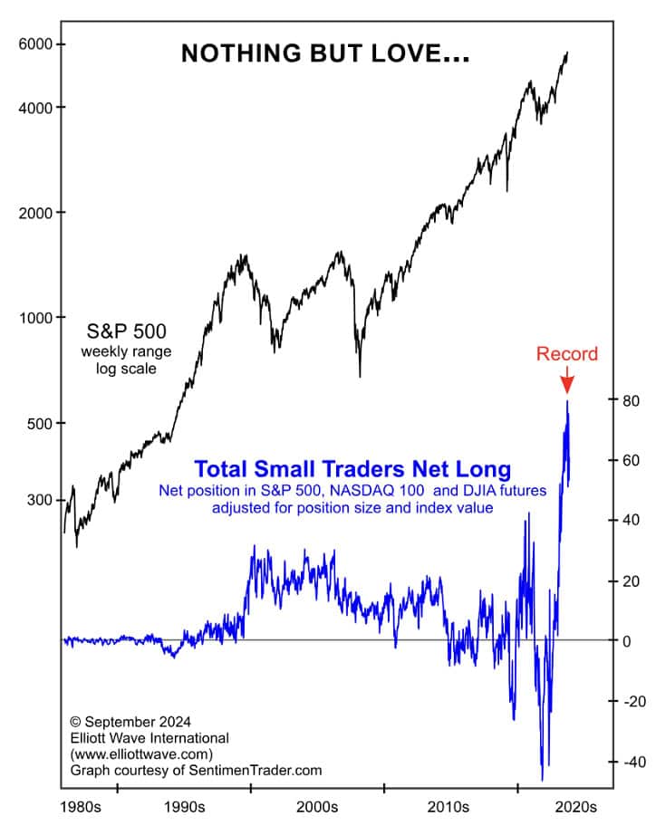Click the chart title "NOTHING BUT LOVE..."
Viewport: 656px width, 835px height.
[325, 53]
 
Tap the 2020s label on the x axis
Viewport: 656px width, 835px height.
[574, 806]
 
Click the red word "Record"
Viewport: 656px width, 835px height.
[567, 354]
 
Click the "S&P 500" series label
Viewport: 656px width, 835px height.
[124, 330]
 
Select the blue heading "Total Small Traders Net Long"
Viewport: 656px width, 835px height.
[352, 469]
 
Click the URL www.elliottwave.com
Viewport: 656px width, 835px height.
[140, 753]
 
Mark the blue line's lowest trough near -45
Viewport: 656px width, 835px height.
[542, 779]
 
